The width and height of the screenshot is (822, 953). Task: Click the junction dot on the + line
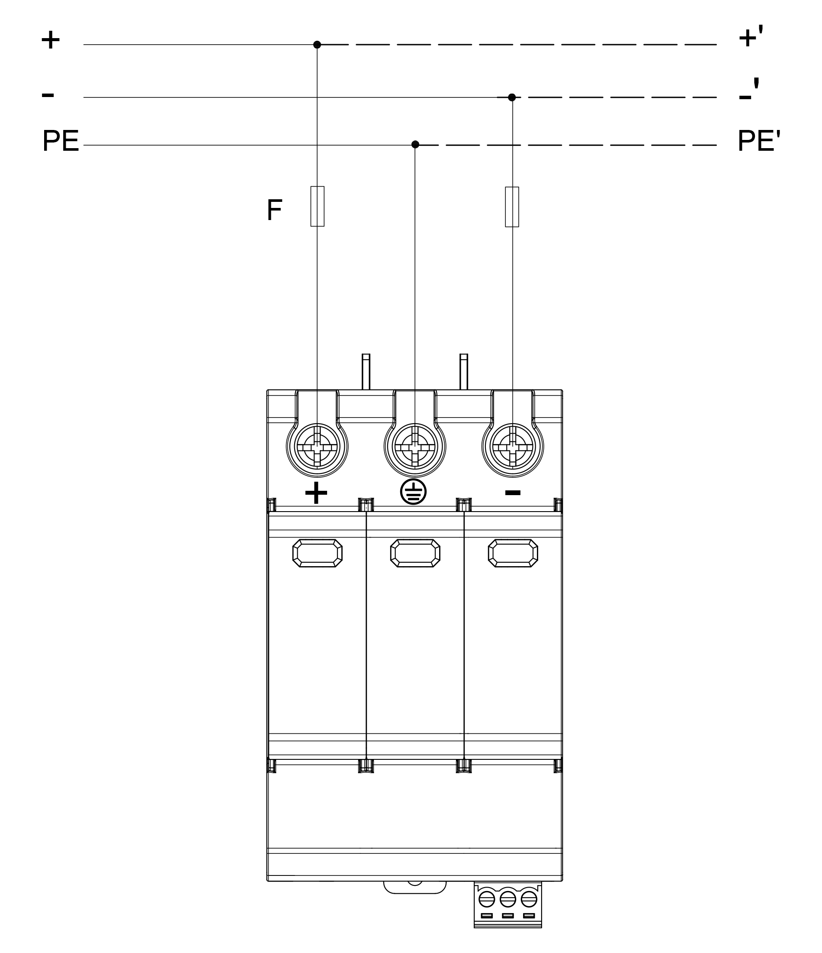317,45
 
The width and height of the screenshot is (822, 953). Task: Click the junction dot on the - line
512,97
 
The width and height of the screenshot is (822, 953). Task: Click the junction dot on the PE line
415,144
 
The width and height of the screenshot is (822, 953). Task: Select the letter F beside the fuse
274,210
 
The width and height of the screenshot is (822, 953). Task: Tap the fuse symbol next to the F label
318,206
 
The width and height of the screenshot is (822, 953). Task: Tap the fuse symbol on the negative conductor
512,207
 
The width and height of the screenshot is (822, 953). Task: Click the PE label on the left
61,141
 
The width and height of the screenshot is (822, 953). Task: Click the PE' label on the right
758,141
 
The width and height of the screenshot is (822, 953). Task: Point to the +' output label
750,38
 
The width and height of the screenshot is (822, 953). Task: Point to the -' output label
749,91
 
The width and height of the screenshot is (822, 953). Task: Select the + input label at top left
51,40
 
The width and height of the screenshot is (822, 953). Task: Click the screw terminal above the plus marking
317,447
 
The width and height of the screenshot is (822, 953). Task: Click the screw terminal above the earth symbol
415,447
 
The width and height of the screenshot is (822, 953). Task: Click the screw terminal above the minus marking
513,447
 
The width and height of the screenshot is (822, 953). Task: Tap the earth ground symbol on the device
413,492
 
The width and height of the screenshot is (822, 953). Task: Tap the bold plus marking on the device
316,493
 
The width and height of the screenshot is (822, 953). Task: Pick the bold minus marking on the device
513,493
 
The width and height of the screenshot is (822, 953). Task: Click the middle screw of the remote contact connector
508,899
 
